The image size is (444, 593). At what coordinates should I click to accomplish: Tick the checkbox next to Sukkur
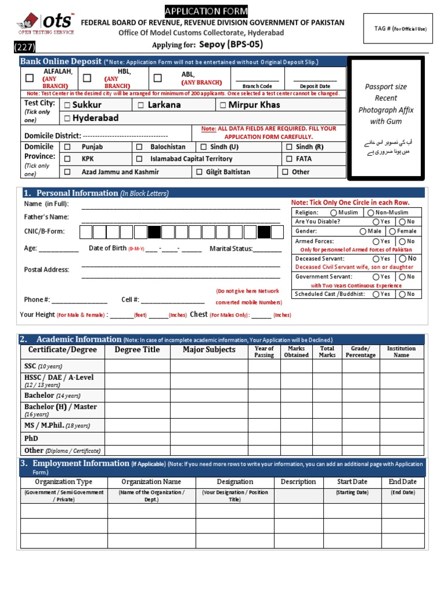[68, 105]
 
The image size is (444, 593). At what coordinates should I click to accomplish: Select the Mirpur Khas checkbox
[223, 105]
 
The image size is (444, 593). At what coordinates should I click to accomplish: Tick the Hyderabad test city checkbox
[68, 119]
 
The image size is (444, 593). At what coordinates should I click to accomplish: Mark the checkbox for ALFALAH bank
[29, 78]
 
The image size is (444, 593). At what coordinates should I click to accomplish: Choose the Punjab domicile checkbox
[68, 147]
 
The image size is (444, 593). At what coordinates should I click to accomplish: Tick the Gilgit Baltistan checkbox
[199, 172]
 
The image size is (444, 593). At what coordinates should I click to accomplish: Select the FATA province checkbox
[289, 159]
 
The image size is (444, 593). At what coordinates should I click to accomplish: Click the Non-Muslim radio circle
[370, 213]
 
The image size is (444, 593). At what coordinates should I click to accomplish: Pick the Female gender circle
[392, 231]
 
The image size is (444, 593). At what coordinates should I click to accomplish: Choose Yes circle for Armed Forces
[376, 241]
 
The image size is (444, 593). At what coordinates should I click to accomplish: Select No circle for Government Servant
[402, 277]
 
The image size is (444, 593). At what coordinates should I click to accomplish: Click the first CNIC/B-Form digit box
[86, 232]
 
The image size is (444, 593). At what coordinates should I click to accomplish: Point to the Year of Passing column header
[264, 352]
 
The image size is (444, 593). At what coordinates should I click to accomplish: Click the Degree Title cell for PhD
[137, 438]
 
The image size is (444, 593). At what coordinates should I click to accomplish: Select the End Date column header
[402, 482]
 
